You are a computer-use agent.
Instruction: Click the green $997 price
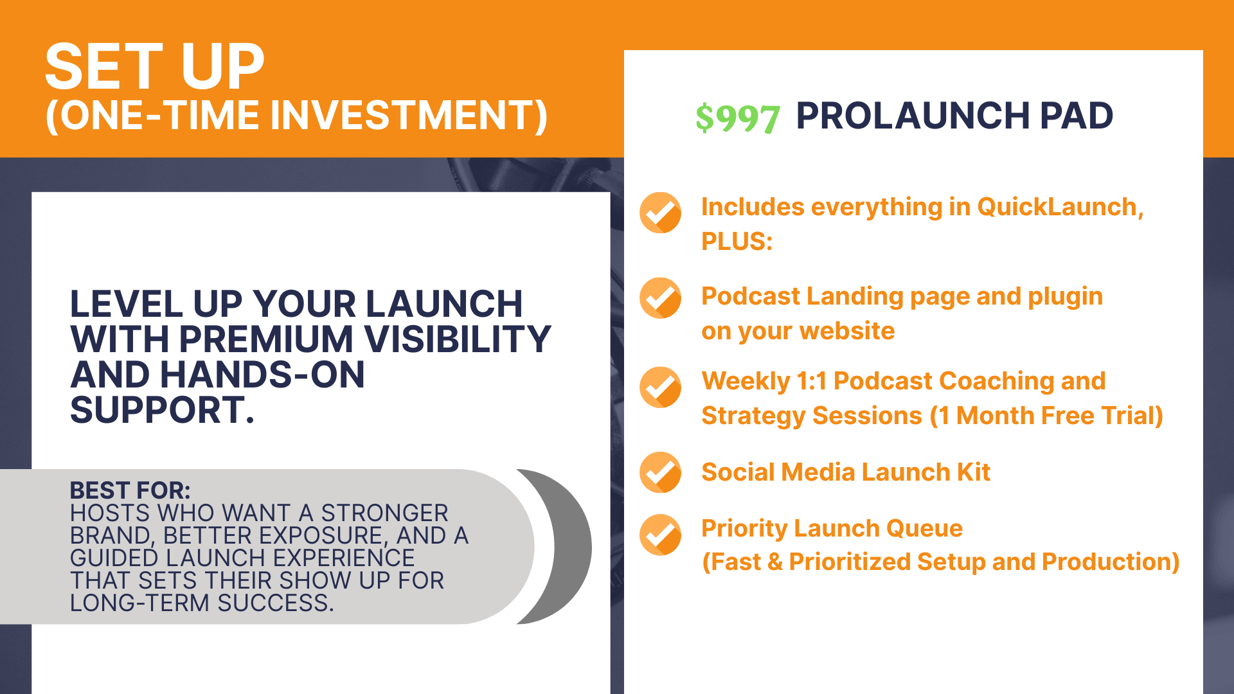(738, 118)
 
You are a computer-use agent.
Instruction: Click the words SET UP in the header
(155, 66)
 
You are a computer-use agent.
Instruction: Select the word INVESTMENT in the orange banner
(409, 116)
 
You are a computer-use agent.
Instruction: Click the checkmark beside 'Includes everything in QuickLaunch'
(660, 213)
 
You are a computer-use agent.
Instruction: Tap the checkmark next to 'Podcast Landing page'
(660, 298)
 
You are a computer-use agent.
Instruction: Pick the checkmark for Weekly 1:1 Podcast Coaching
(660, 387)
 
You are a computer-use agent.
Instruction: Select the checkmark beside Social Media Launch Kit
(660, 472)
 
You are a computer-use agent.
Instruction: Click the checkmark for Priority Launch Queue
(660, 535)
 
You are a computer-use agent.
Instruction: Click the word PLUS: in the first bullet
(737, 242)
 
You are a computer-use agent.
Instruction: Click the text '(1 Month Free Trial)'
(1046, 416)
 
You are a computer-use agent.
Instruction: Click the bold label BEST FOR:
(130, 490)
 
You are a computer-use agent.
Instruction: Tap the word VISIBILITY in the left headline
(458, 339)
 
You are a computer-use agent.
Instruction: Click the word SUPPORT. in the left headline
(163, 410)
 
